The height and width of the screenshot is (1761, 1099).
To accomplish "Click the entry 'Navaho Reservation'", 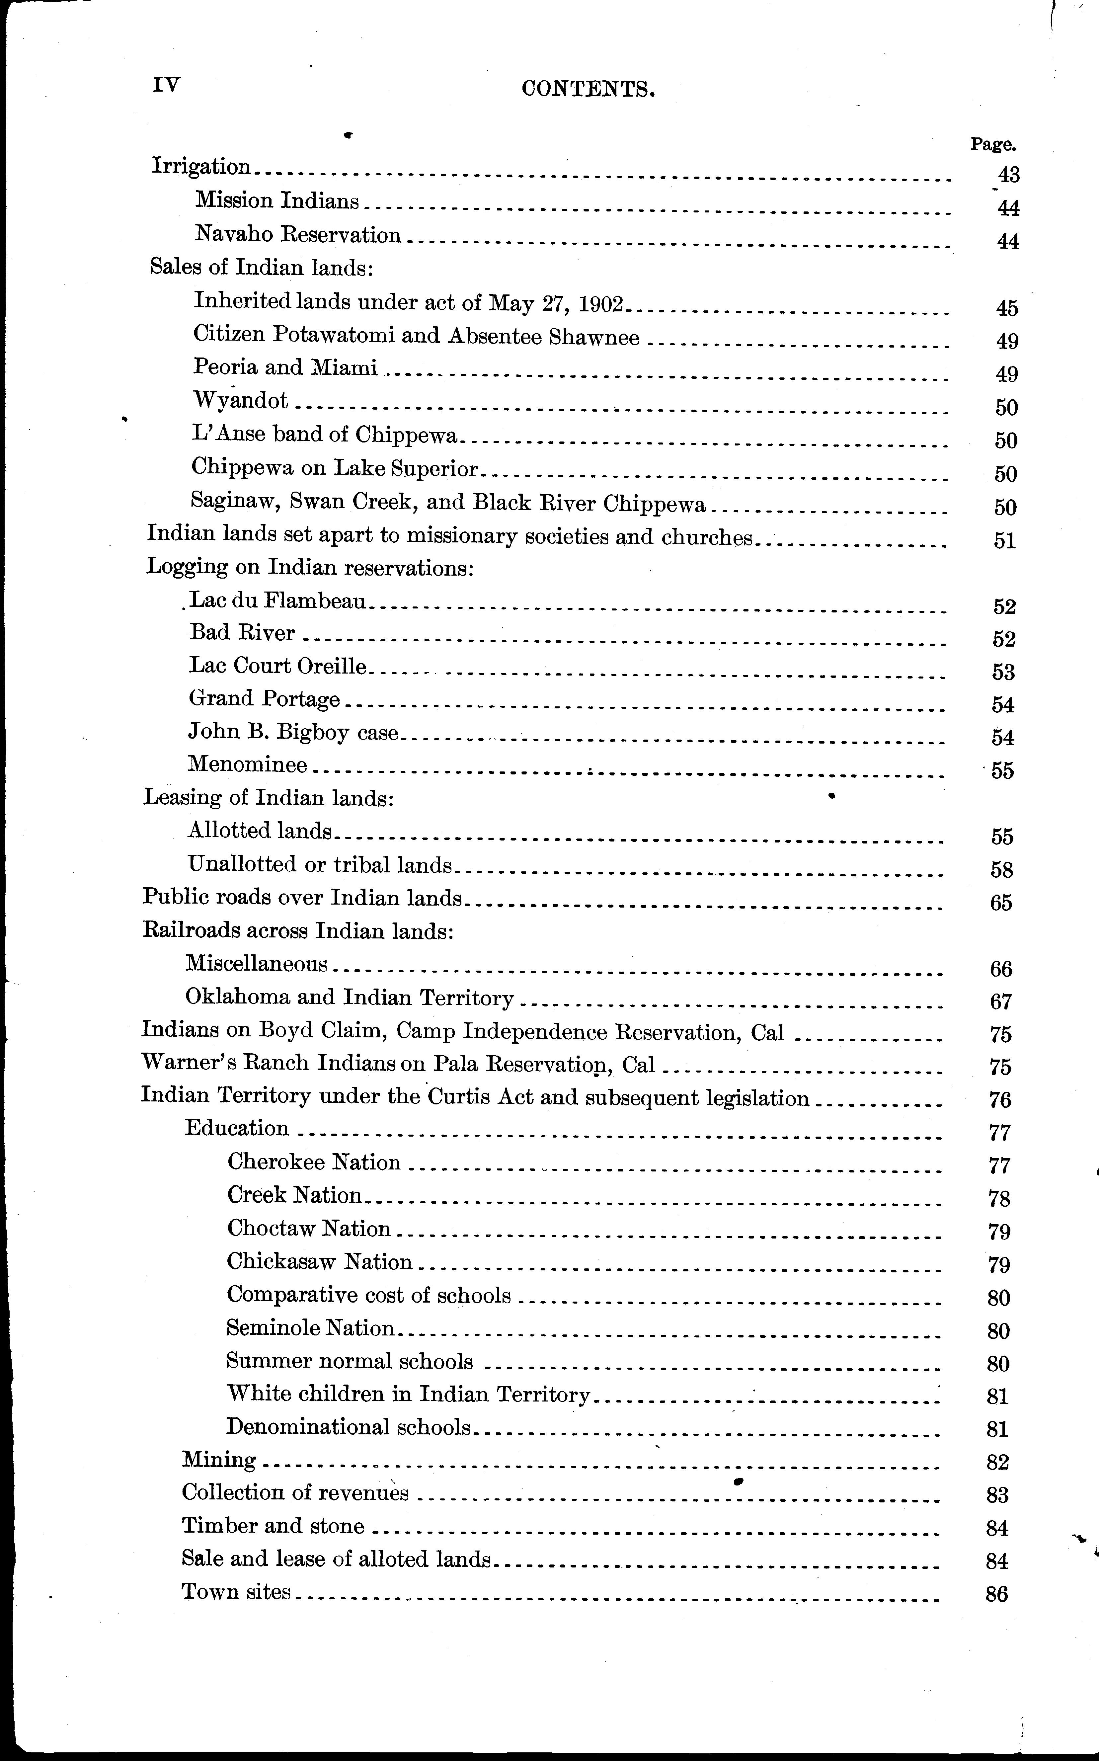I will click(x=298, y=235).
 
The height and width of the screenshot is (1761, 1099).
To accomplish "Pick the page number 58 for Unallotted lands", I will click(x=1002, y=869).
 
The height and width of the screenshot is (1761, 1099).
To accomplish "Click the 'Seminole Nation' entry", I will click(x=310, y=1328).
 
